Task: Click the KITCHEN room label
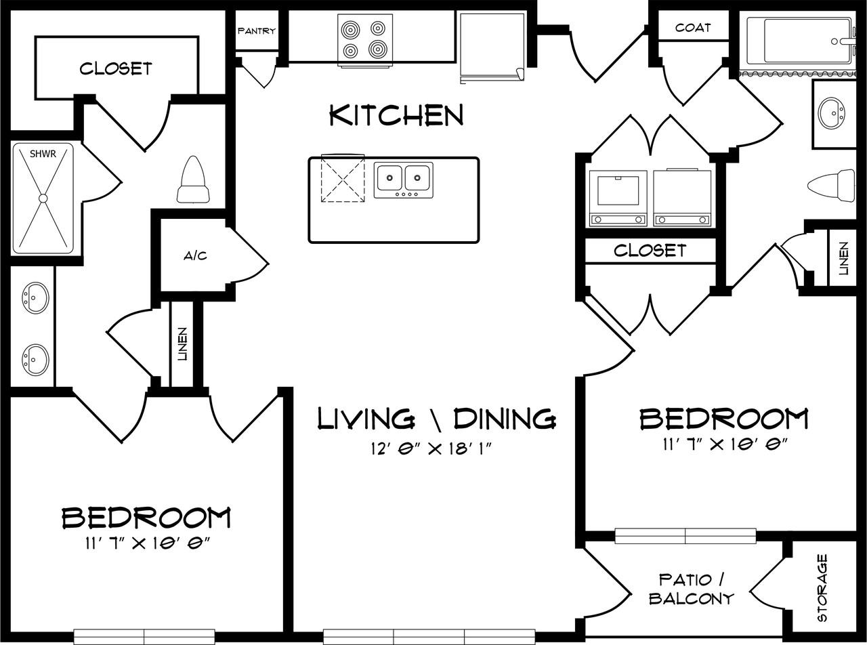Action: [396, 116]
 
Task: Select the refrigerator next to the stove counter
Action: [492, 47]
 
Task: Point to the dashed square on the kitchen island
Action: [343, 179]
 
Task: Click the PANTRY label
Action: [256, 31]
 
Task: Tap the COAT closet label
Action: [693, 28]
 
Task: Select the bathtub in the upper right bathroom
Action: [798, 41]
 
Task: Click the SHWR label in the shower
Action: [42, 154]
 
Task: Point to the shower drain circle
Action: [43, 199]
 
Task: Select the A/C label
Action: [195, 256]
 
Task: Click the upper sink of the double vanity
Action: [35, 297]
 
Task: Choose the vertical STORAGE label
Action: [822, 587]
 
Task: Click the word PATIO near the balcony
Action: [685, 580]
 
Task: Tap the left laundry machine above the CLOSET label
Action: [617, 196]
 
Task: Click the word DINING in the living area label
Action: [505, 419]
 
